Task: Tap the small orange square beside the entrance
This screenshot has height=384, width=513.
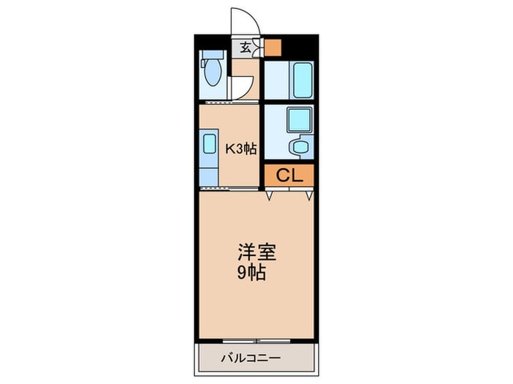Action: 273,48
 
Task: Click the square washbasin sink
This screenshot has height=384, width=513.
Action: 298,119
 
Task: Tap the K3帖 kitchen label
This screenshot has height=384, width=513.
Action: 240,148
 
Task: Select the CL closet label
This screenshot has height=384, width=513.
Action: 288,175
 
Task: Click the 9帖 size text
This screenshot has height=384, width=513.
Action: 250,274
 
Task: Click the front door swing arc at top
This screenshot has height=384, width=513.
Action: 242,22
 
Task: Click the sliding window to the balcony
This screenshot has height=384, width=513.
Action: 256,340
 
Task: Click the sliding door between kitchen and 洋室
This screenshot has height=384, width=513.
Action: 229,187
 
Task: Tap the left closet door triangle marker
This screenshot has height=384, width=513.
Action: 270,195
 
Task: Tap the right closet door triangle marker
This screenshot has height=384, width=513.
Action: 310,195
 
